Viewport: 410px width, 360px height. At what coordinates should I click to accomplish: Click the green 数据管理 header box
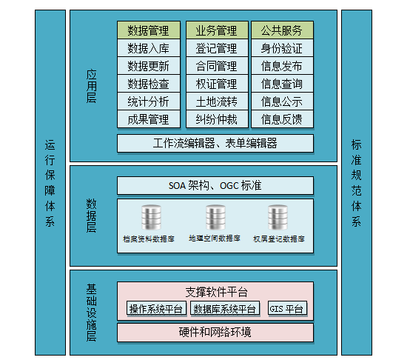tap(149, 30)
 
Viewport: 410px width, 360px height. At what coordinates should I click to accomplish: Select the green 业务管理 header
tap(217, 30)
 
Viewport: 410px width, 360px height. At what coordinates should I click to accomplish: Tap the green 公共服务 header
tap(282, 30)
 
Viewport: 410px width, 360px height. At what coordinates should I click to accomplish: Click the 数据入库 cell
tap(149, 48)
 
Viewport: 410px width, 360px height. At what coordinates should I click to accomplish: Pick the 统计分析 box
tap(149, 101)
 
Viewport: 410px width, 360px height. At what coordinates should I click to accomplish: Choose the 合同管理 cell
tap(217, 66)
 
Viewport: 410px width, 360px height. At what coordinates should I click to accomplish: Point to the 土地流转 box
tap(217, 101)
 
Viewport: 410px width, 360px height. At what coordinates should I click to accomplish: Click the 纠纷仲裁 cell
tap(217, 119)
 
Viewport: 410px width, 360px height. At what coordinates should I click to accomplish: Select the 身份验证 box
tap(282, 48)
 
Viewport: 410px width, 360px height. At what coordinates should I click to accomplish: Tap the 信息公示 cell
tap(282, 101)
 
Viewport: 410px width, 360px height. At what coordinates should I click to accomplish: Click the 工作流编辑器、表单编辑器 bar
tap(215, 144)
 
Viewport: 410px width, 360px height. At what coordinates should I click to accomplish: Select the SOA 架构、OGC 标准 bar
tap(215, 185)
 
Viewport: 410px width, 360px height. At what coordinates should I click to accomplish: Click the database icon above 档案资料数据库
tap(151, 218)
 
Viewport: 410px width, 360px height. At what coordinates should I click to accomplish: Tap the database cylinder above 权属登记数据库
tap(278, 218)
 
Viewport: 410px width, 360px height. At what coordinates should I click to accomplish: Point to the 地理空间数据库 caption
tap(215, 239)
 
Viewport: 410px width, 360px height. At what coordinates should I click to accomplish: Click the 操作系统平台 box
tap(156, 309)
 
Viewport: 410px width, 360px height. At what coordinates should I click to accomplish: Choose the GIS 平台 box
tap(287, 309)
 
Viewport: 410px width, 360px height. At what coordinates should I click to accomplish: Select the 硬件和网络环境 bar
tap(215, 333)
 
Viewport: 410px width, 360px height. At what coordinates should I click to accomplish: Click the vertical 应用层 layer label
tap(91, 86)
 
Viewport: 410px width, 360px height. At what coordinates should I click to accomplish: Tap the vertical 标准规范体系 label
tap(356, 183)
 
